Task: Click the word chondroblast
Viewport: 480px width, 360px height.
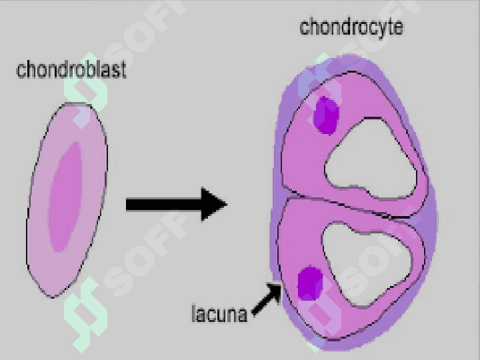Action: pos(71,69)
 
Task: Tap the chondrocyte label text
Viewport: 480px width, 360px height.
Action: pos(351,27)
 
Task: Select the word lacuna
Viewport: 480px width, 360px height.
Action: pos(219,313)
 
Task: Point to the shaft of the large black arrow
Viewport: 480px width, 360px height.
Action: pos(163,205)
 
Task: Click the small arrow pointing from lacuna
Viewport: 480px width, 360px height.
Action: pos(267,299)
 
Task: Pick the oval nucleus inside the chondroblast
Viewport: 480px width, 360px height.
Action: pos(65,197)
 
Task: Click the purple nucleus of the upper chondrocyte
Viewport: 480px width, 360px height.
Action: pos(326,115)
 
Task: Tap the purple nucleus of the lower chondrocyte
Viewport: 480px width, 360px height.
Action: pos(310,283)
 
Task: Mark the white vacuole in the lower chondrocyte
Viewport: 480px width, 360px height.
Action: pos(367,264)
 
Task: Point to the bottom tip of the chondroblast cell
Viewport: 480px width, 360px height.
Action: pos(53,297)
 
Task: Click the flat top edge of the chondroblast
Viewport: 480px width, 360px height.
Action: pos(77,105)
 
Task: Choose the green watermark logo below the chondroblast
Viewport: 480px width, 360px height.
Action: pos(85,315)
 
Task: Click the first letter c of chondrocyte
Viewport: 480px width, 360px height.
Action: pos(304,28)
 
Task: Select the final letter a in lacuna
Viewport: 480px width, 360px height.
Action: pos(243,315)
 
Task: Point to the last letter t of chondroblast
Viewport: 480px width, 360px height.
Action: pos(123,71)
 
